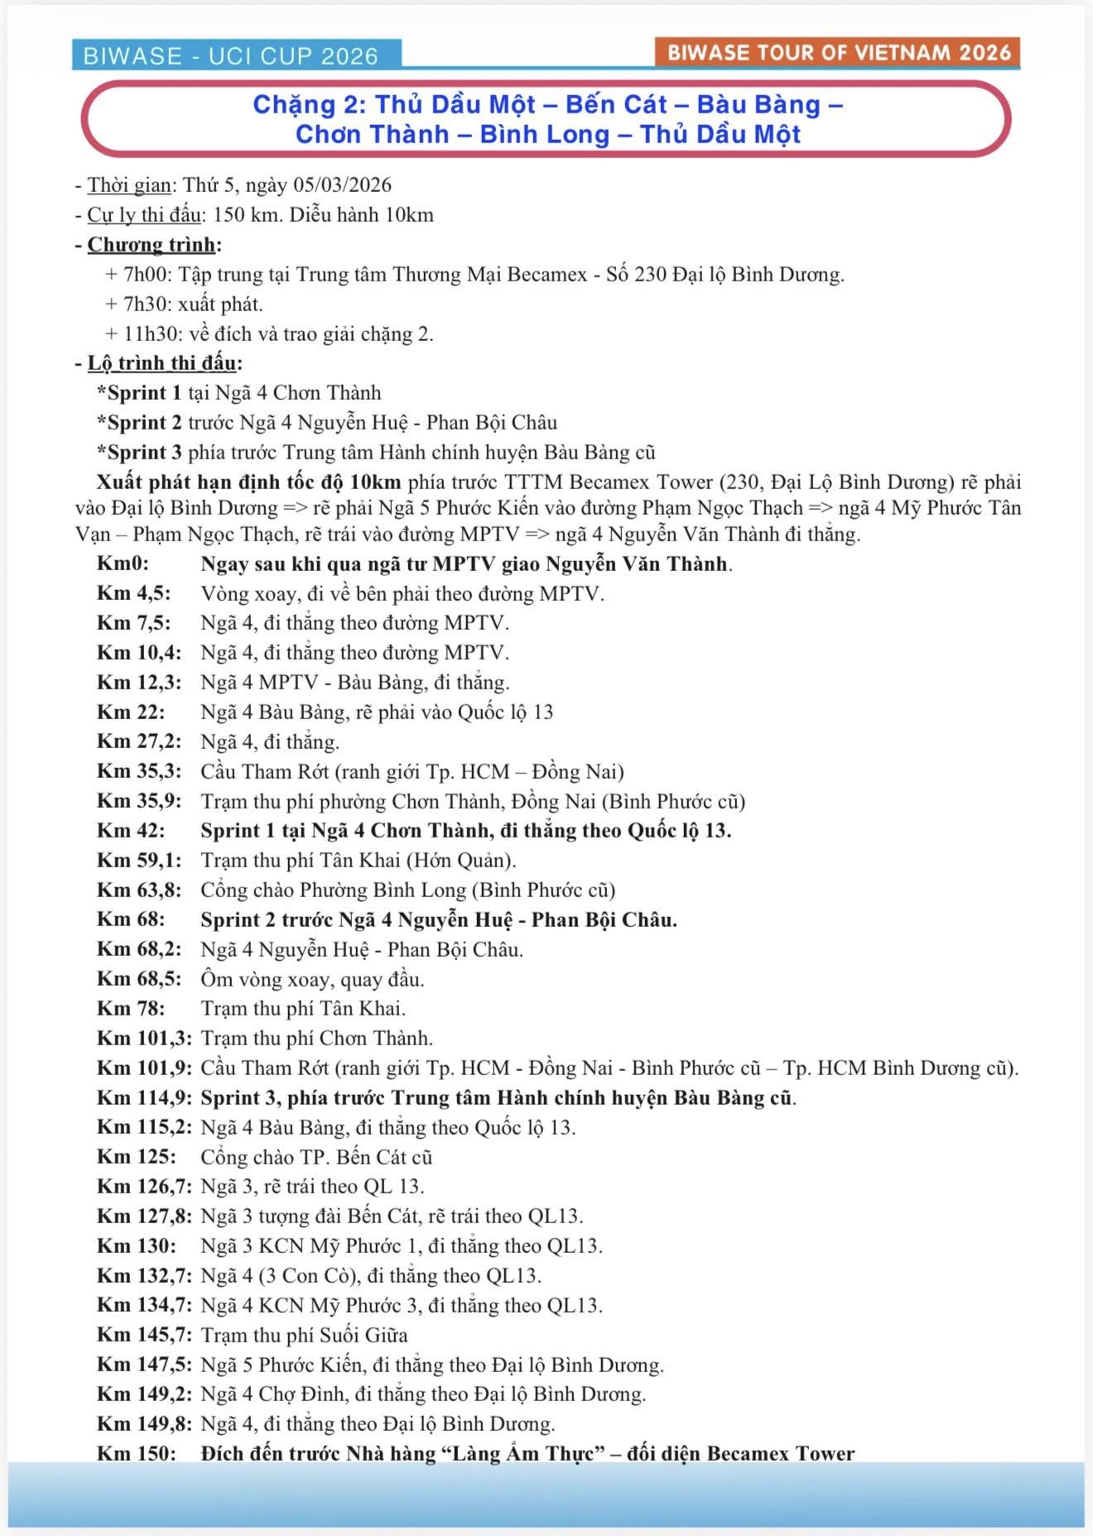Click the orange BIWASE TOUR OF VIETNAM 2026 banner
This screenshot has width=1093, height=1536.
[x=838, y=52]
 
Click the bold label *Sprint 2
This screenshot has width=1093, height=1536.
[x=139, y=422]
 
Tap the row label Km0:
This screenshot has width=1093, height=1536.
[x=123, y=564]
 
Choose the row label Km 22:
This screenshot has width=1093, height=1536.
[x=130, y=712]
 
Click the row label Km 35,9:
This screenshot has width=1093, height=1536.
[x=138, y=800]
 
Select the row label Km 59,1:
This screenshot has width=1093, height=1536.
[x=138, y=860]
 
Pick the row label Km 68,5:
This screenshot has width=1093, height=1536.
[x=138, y=978]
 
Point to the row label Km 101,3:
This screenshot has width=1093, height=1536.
[x=144, y=1038]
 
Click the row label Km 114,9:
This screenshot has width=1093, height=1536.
[x=144, y=1097]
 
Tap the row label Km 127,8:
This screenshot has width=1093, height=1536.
[x=144, y=1216]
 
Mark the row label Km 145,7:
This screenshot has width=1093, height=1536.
[x=144, y=1334]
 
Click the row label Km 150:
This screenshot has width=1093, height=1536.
[x=136, y=1453]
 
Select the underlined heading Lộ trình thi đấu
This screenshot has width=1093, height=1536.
[x=162, y=363]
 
